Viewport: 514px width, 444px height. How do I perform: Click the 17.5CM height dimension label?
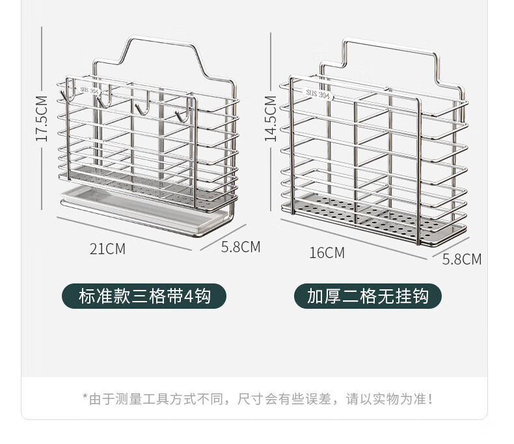click(42, 119)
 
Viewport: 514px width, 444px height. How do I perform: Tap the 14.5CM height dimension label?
click(271, 118)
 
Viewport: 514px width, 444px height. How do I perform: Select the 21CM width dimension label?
click(107, 248)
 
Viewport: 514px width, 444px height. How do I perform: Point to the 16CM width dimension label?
click(327, 253)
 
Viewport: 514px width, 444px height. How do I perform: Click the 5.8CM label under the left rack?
click(241, 247)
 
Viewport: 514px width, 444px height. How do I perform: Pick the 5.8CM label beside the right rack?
click(462, 259)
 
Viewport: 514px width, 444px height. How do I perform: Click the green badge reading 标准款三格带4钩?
click(144, 296)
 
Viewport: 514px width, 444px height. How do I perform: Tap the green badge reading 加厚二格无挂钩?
click(368, 296)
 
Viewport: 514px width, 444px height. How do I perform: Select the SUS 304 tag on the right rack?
click(318, 94)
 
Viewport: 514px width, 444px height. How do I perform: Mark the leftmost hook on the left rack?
click(65, 96)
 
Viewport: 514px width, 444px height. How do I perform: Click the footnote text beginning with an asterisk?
click(257, 398)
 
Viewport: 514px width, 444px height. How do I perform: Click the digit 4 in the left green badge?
click(189, 296)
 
